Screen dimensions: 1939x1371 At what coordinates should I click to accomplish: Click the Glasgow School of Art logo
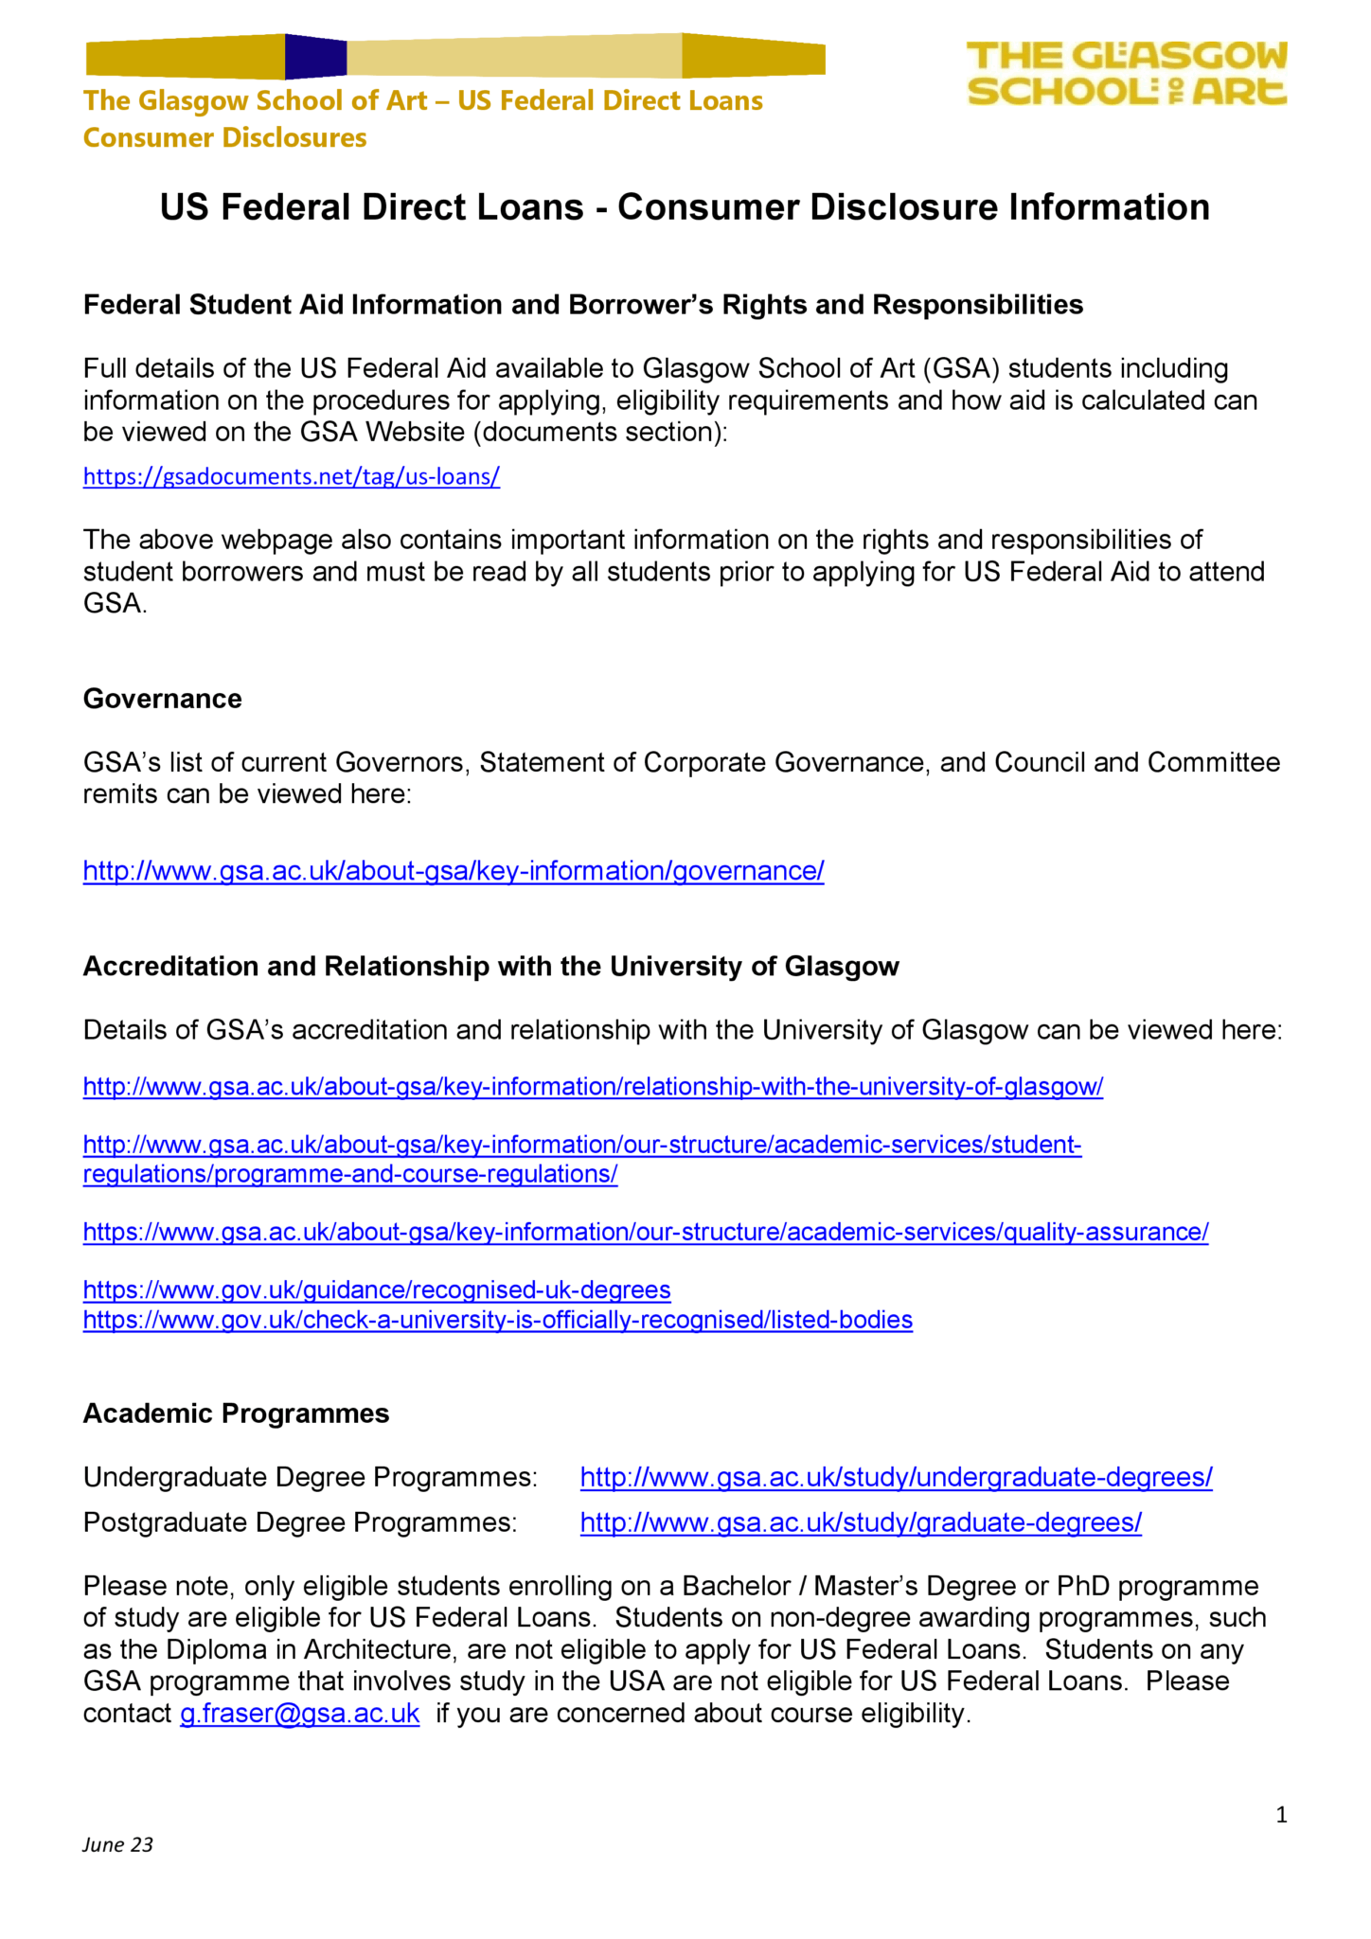(1126, 73)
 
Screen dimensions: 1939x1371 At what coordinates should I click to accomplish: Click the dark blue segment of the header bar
(315, 57)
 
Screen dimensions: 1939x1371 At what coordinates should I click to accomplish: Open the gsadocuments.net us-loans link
(292, 477)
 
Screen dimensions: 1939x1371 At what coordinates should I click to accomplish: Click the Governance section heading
(163, 699)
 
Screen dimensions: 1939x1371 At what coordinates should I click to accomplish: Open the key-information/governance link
(454, 871)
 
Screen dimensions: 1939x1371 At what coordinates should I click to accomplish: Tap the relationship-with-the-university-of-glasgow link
(593, 1087)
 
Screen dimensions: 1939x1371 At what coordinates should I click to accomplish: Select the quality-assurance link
(646, 1232)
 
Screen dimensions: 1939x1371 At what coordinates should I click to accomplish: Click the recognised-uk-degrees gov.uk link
(377, 1290)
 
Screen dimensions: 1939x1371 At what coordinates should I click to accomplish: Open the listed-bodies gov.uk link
(498, 1320)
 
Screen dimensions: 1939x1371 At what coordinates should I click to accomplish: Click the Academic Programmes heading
(236, 1414)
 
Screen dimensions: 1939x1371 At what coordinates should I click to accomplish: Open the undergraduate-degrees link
(896, 1477)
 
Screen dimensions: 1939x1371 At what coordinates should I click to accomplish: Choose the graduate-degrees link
(861, 1522)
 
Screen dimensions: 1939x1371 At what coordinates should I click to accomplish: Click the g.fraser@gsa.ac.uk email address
(299, 1714)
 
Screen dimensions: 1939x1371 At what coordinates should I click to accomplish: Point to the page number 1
(1281, 1815)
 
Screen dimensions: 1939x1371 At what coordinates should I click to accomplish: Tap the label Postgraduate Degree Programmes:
(300, 1522)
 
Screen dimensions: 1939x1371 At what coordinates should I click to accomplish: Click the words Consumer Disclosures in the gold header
(225, 138)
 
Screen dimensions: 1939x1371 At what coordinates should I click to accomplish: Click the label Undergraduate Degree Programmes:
(311, 1477)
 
